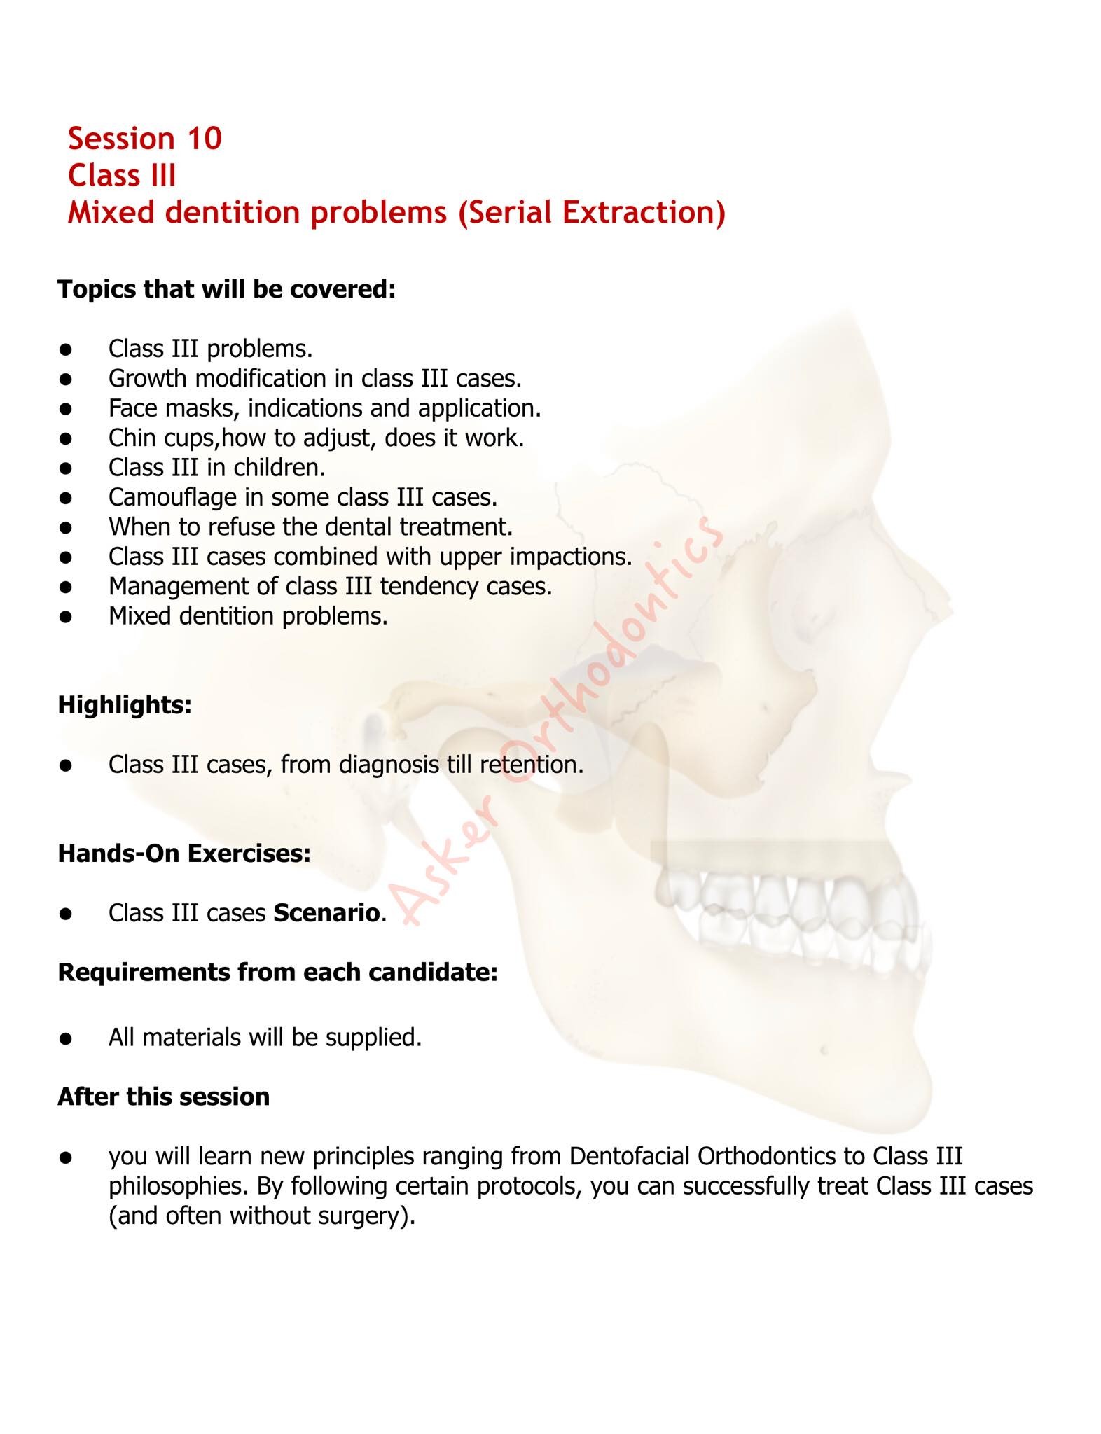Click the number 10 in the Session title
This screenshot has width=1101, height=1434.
204,139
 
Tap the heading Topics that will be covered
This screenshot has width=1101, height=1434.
227,289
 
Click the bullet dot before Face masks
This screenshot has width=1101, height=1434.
67,409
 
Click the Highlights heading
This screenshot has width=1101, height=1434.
125,705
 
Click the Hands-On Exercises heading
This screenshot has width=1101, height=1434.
184,854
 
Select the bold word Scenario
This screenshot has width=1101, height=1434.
326,913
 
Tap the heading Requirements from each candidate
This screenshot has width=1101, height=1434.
277,973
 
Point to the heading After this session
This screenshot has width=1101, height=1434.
163,1097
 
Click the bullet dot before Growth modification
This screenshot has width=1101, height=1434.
67,379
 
